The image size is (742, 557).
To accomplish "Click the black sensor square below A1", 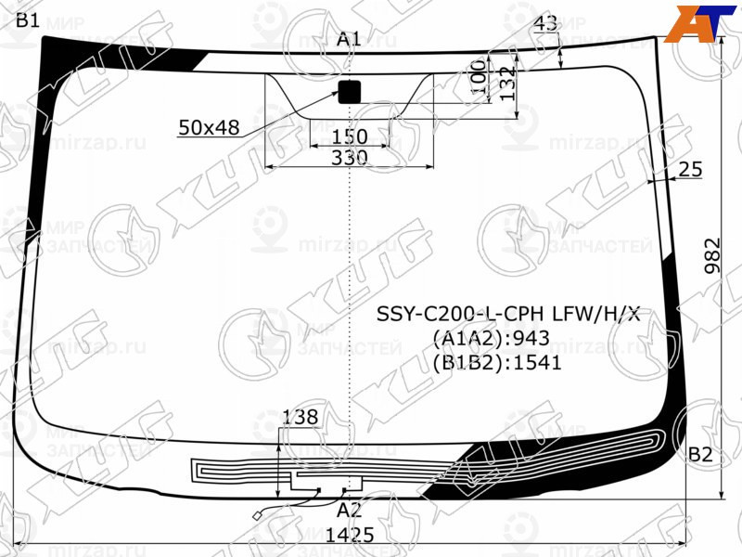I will click(x=349, y=92).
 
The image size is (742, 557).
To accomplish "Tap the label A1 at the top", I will click(x=349, y=39).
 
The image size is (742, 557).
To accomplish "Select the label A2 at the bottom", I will click(x=349, y=510).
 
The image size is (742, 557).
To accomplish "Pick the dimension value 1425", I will click(x=350, y=535).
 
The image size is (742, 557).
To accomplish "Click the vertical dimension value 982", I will click(x=711, y=252).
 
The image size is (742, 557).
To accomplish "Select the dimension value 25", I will click(x=690, y=169).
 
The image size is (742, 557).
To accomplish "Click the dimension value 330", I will click(x=350, y=158).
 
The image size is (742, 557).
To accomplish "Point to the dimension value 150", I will click(x=350, y=137).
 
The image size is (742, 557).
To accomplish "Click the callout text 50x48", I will click(x=209, y=128).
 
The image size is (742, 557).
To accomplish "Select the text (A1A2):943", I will click(x=491, y=338).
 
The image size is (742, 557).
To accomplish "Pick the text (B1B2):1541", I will click(x=496, y=362).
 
